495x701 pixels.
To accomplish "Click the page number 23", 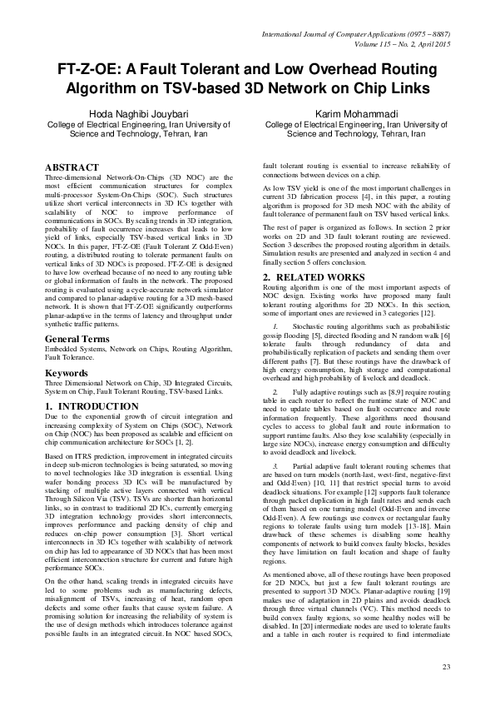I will coord(446,667).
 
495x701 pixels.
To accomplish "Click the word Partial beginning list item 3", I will coord(315,469).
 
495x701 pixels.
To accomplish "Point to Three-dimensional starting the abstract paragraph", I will coord(77,178).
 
